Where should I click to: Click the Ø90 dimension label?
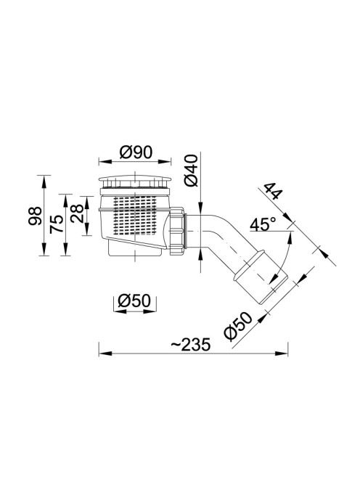[x=136, y=152]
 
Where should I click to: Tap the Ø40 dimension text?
[x=191, y=171]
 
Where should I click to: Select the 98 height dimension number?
[x=35, y=216]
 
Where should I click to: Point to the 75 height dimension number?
[x=57, y=224]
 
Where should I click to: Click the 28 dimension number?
[x=77, y=213]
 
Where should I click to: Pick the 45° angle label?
[x=262, y=225]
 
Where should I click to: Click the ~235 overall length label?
[x=191, y=345]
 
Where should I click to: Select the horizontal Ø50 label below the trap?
[x=135, y=301]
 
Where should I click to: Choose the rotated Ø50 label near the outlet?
[x=237, y=327]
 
